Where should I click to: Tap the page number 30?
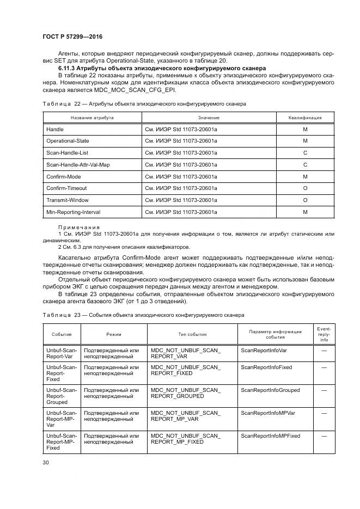(x=46, y=462)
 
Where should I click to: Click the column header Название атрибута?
(x=92, y=118)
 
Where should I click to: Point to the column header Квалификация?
(x=304, y=118)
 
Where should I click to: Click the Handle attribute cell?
(x=55, y=130)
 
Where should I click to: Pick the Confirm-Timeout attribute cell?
(x=66, y=188)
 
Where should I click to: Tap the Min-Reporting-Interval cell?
(x=74, y=212)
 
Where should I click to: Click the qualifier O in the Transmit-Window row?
(x=304, y=200)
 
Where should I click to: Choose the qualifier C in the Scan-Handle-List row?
(x=304, y=153)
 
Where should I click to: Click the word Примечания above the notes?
(x=79, y=227)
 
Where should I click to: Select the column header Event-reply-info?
(x=324, y=334)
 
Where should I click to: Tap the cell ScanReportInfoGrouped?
(x=270, y=390)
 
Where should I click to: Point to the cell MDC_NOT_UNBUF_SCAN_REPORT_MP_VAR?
(x=186, y=416)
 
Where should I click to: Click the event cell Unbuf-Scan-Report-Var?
(x=62, y=353)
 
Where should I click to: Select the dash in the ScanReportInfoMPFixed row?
(x=324, y=436)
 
